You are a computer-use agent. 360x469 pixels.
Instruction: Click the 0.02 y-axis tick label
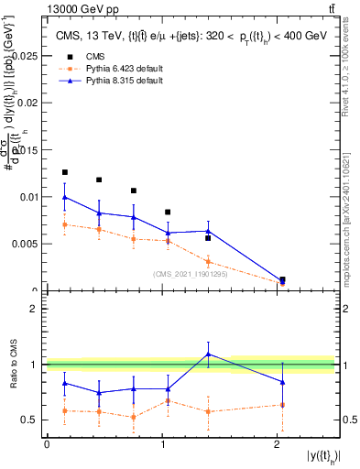point(28,103)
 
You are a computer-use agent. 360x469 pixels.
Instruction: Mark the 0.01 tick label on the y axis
point(28,197)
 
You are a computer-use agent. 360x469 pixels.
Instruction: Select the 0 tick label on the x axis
point(47,444)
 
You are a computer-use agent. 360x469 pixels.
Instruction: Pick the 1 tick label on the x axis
point(162,444)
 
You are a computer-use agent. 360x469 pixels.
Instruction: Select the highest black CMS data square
point(64,172)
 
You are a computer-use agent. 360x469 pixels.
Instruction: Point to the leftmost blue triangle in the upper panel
point(64,197)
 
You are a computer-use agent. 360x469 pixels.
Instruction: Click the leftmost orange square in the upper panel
point(64,224)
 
